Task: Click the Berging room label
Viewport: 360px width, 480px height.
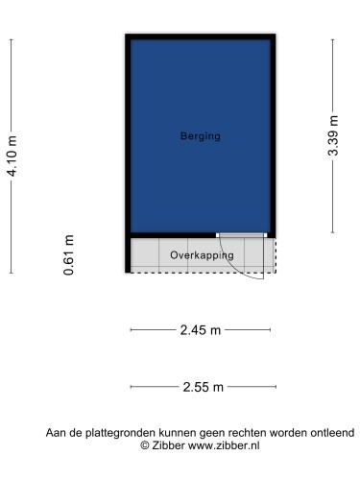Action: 200,136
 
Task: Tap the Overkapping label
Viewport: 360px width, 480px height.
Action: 202,255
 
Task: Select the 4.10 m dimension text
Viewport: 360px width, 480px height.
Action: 12,156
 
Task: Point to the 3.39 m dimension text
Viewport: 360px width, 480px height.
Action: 333,135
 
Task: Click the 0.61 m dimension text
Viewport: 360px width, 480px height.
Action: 69,255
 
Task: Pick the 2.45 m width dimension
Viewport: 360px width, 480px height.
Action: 200,330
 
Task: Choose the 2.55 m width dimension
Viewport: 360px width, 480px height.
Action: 203,387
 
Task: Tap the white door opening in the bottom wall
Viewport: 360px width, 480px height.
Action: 241,234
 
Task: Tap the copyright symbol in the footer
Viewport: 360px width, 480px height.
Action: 145,445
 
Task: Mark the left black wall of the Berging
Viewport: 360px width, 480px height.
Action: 128,134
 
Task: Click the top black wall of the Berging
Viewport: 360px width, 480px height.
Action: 200,36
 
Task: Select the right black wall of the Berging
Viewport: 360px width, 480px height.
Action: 273,134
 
